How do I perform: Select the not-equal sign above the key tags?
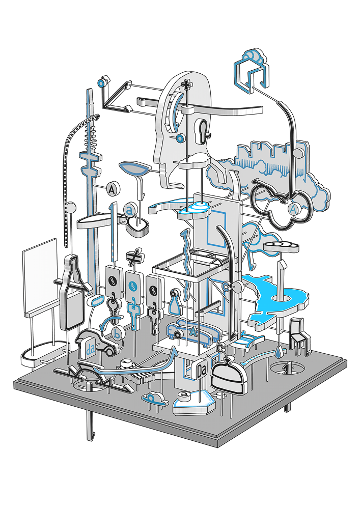[133, 258]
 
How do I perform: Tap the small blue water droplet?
[279, 351]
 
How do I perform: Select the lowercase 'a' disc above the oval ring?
[130, 210]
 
